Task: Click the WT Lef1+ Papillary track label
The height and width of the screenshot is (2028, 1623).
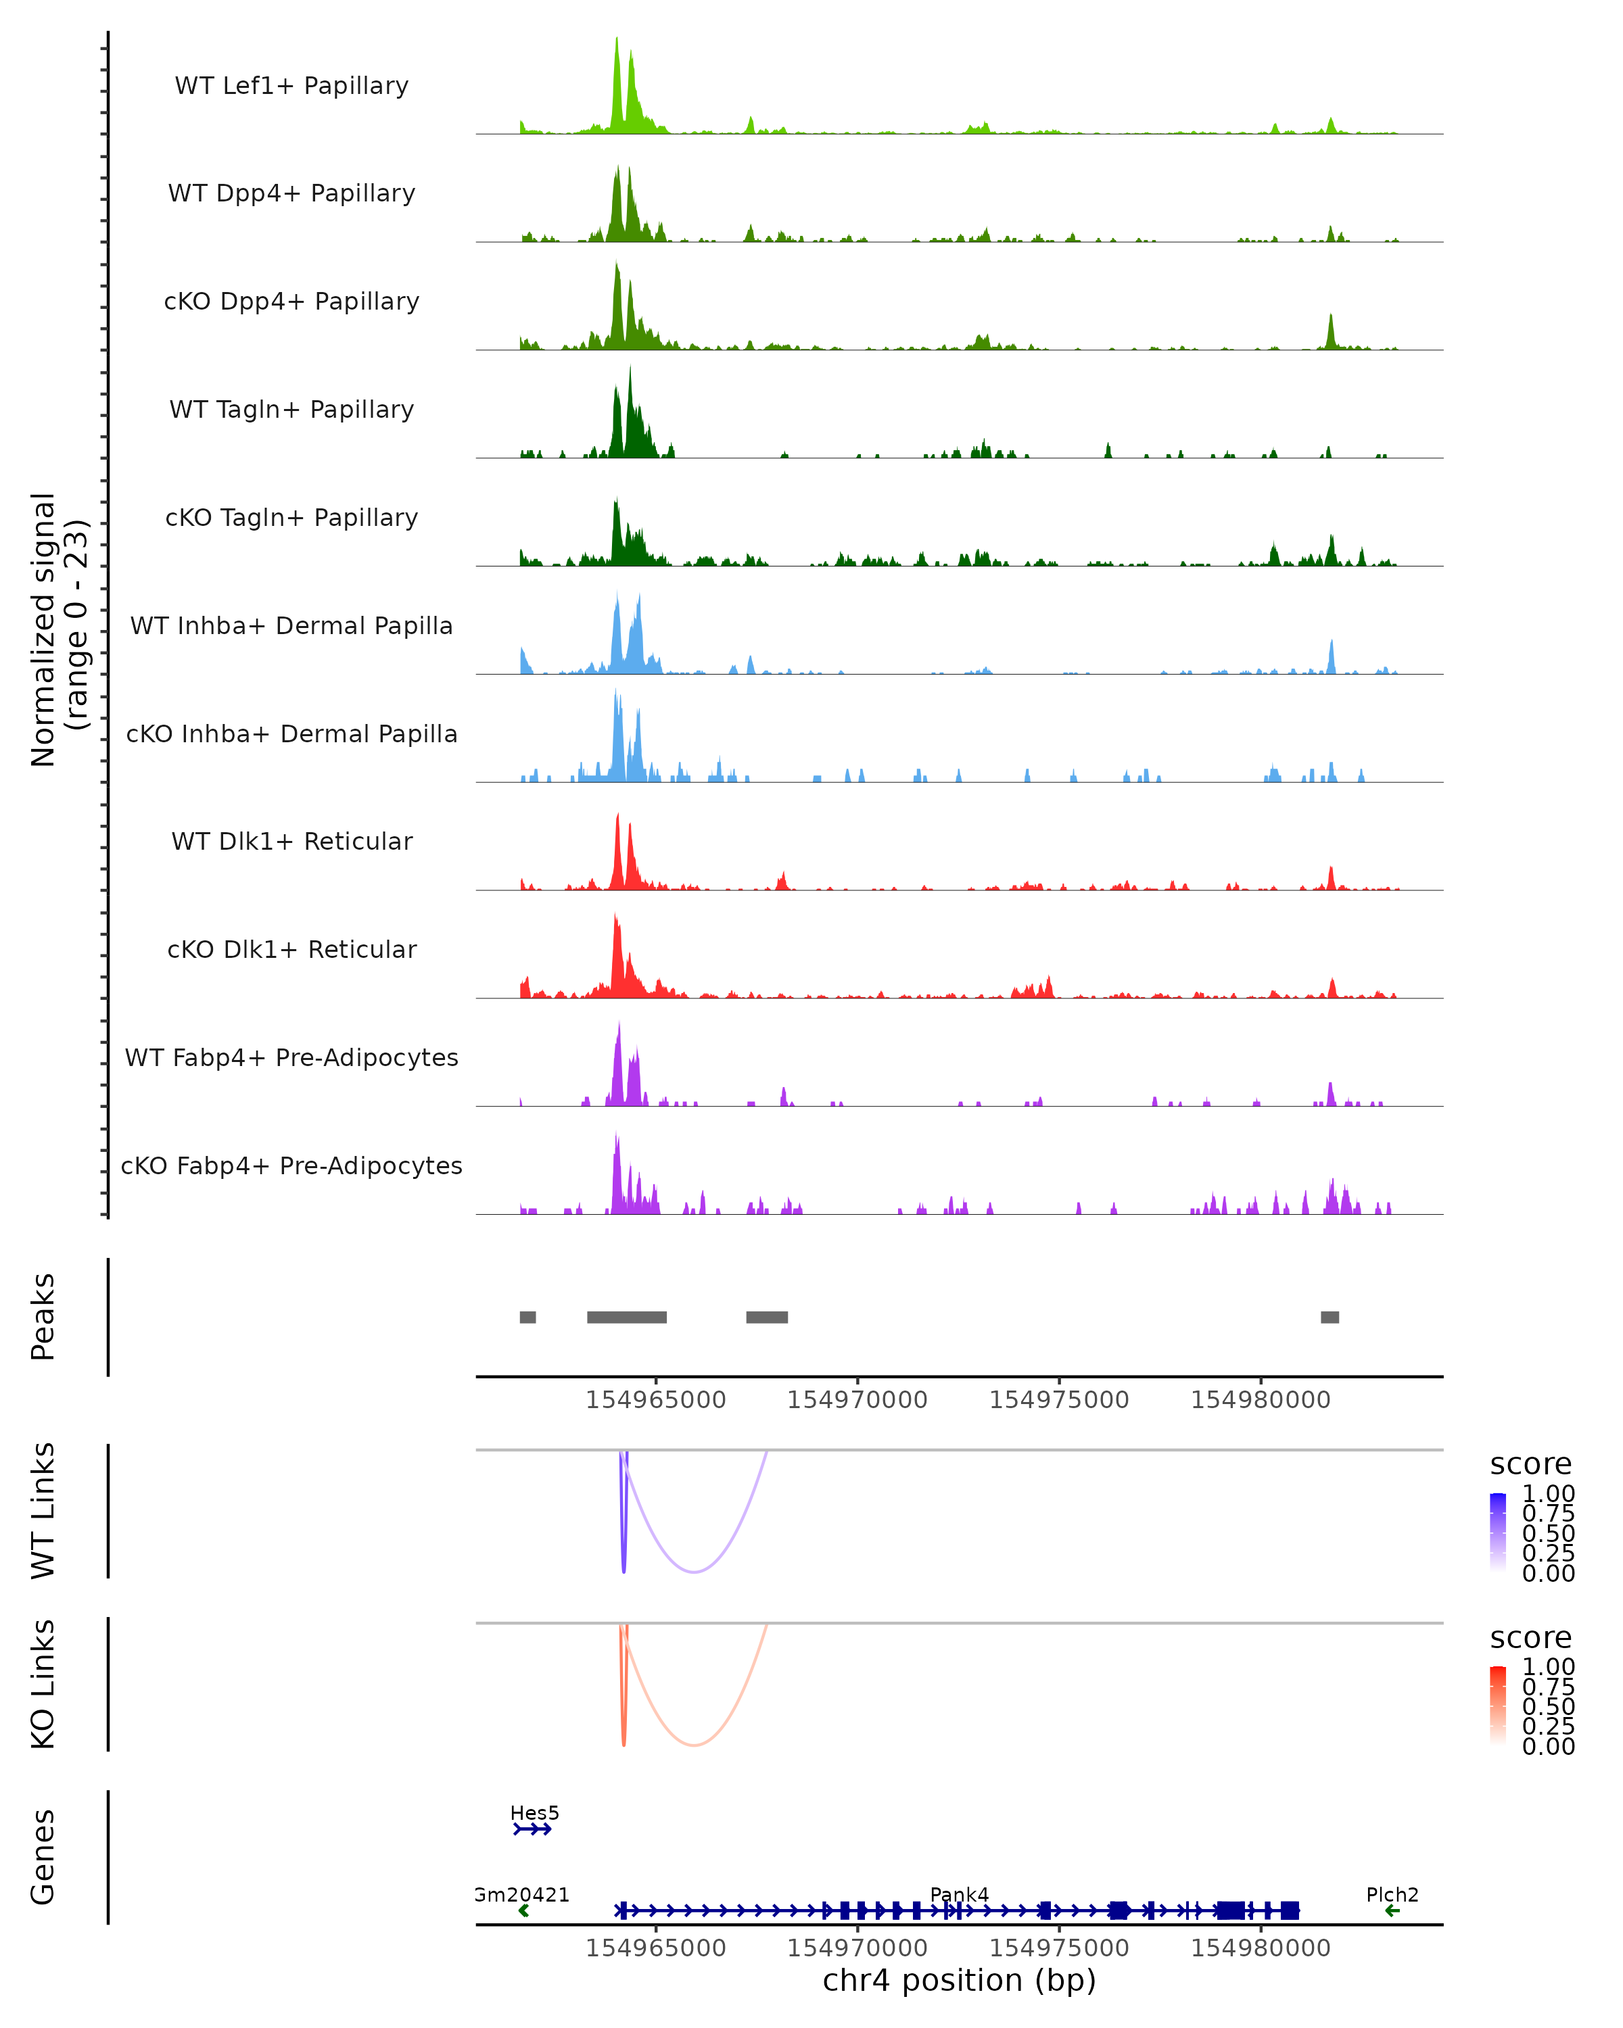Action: (291, 86)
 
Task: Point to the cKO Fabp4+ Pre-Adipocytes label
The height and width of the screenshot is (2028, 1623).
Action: (291, 1165)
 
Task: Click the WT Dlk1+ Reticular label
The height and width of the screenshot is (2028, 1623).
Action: (291, 841)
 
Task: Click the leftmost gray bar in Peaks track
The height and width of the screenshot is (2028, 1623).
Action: (528, 1317)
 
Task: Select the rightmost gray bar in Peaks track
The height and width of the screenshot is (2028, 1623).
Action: (1330, 1317)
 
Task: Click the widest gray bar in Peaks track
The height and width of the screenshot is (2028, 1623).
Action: (627, 1317)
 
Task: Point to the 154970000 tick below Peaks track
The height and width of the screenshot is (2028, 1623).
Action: (857, 1400)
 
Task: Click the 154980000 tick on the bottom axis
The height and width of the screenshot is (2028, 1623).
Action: (1261, 1948)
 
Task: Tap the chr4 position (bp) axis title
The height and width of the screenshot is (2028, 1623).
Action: (959, 1981)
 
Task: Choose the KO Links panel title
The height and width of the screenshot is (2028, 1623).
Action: (43, 1684)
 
